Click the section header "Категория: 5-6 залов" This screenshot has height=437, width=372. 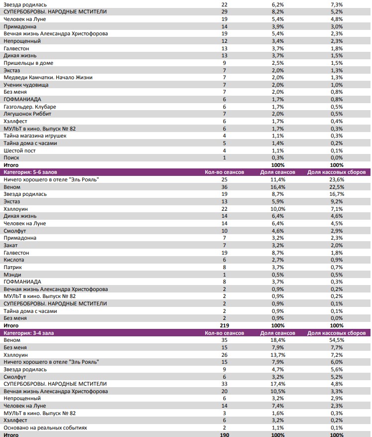30,172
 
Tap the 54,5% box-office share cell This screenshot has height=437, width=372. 337,340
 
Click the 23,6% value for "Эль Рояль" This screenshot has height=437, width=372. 337,179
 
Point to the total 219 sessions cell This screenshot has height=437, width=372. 224,325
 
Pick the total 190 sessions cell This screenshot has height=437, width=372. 224,435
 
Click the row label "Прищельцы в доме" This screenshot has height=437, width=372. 28,63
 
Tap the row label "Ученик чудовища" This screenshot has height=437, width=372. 26,85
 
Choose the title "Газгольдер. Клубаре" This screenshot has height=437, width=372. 30,107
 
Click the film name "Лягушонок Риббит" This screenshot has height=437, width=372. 28,114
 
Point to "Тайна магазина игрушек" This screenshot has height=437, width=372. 35,136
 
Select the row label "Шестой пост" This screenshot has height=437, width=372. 19,150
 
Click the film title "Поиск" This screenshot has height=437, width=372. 11,157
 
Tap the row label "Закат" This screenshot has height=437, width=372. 11,245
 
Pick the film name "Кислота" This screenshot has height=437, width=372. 14,260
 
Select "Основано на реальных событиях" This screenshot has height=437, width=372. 45,428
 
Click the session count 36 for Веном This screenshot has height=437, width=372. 224,187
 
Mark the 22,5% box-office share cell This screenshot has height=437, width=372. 337,187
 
